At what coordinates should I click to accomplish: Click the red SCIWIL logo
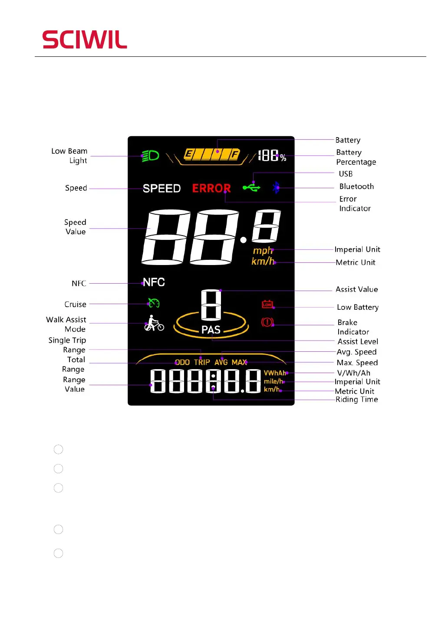pyautogui.click(x=85, y=39)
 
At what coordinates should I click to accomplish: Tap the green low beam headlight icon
pyautogui.click(x=150, y=156)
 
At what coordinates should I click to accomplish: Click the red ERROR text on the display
pyautogui.click(x=211, y=188)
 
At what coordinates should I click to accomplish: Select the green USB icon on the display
pyautogui.click(x=251, y=187)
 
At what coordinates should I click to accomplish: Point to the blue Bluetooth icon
pyautogui.click(x=276, y=187)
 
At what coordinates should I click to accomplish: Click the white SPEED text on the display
pyautogui.click(x=161, y=188)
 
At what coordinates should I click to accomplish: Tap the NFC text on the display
pyautogui.click(x=154, y=282)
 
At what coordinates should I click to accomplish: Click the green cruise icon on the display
pyautogui.click(x=154, y=303)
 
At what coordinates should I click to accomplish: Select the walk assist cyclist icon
pyautogui.click(x=154, y=324)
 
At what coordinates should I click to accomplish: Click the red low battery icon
pyautogui.click(x=267, y=305)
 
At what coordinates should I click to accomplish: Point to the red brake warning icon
pyautogui.click(x=267, y=322)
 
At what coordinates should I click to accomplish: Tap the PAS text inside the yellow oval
pyautogui.click(x=211, y=330)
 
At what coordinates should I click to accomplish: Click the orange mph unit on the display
pyautogui.click(x=263, y=251)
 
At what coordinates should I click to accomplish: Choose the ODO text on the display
pyautogui.click(x=182, y=362)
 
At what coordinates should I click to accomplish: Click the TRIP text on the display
pyautogui.click(x=202, y=362)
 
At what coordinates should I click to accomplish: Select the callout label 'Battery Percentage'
pyautogui.click(x=356, y=157)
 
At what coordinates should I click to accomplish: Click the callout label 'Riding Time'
pyautogui.click(x=356, y=400)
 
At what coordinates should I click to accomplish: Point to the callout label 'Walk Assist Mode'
pyautogui.click(x=66, y=324)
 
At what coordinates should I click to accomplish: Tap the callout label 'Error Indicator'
pyautogui.click(x=355, y=203)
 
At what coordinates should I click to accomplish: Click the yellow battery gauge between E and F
pyautogui.click(x=212, y=154)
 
